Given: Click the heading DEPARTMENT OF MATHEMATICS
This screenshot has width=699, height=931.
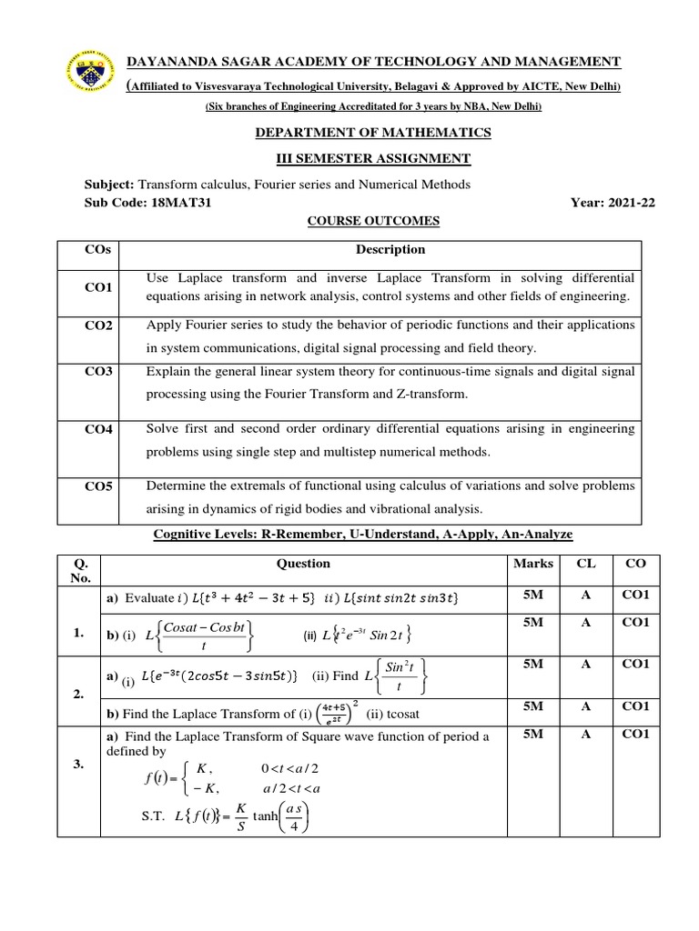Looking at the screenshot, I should tap(373, 133).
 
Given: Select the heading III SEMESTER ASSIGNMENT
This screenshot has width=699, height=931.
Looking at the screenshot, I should tap(373, 159).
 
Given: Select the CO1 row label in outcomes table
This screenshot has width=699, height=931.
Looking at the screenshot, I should tap(98, 287).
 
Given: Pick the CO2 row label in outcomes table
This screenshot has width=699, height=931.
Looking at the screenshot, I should tap(98, 326).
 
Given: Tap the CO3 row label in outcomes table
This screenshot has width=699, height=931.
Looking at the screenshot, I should tap(98, 373).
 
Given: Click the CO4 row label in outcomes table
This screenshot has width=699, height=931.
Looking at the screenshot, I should tap(98, 430).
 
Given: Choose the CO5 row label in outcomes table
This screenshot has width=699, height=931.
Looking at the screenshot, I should tap(98, 486).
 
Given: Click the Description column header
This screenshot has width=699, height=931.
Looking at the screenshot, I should tap(390, 249).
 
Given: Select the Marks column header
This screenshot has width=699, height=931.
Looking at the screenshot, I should tap(533, 564).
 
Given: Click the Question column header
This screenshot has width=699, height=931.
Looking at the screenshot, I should tap(303, 564).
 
